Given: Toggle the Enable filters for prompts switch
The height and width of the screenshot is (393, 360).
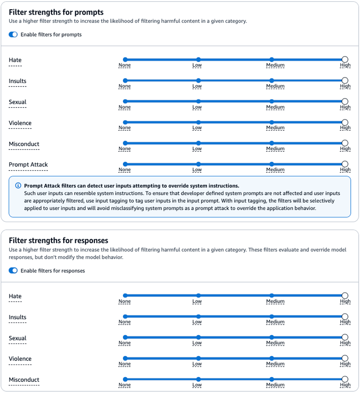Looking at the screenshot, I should [x=13, y=34].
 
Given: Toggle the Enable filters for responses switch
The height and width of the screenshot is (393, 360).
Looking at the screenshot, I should [x=13, y=271].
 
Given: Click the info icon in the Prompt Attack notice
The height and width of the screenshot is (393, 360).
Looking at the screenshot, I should [x=18, y=186].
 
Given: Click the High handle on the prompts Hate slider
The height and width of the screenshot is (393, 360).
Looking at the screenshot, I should [x=345, y=60].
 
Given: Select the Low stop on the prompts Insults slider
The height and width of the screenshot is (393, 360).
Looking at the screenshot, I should [x=198, y=80].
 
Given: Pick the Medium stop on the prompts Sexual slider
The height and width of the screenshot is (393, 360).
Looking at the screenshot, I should [x=272, y=101].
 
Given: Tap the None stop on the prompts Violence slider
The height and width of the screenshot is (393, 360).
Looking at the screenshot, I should [x=125, y=122].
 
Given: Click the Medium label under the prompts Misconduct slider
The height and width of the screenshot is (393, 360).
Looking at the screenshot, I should [x=275, y=149].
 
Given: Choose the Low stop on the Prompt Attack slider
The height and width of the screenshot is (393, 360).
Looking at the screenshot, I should [x=198, y=164].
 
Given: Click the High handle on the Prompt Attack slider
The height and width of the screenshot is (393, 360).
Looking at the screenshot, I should [x=345, y=164].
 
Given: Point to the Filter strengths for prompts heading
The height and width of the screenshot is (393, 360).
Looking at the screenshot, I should [x=56, y=12].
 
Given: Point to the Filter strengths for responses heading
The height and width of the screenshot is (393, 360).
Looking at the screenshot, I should [x=59, y=241].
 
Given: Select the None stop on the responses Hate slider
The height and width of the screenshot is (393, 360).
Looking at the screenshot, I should [x=125, y=296].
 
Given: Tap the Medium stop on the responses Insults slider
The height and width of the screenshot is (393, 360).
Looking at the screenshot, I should [x=272, y=317].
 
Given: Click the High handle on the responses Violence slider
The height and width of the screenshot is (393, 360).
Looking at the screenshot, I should [x=345, y=358].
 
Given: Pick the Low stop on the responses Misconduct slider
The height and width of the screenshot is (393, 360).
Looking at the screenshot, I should [x=198, y=379].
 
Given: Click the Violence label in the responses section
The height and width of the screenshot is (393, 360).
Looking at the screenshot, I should [x=20, y=359].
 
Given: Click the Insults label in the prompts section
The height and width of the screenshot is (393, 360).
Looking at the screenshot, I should [x=18, y=81].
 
